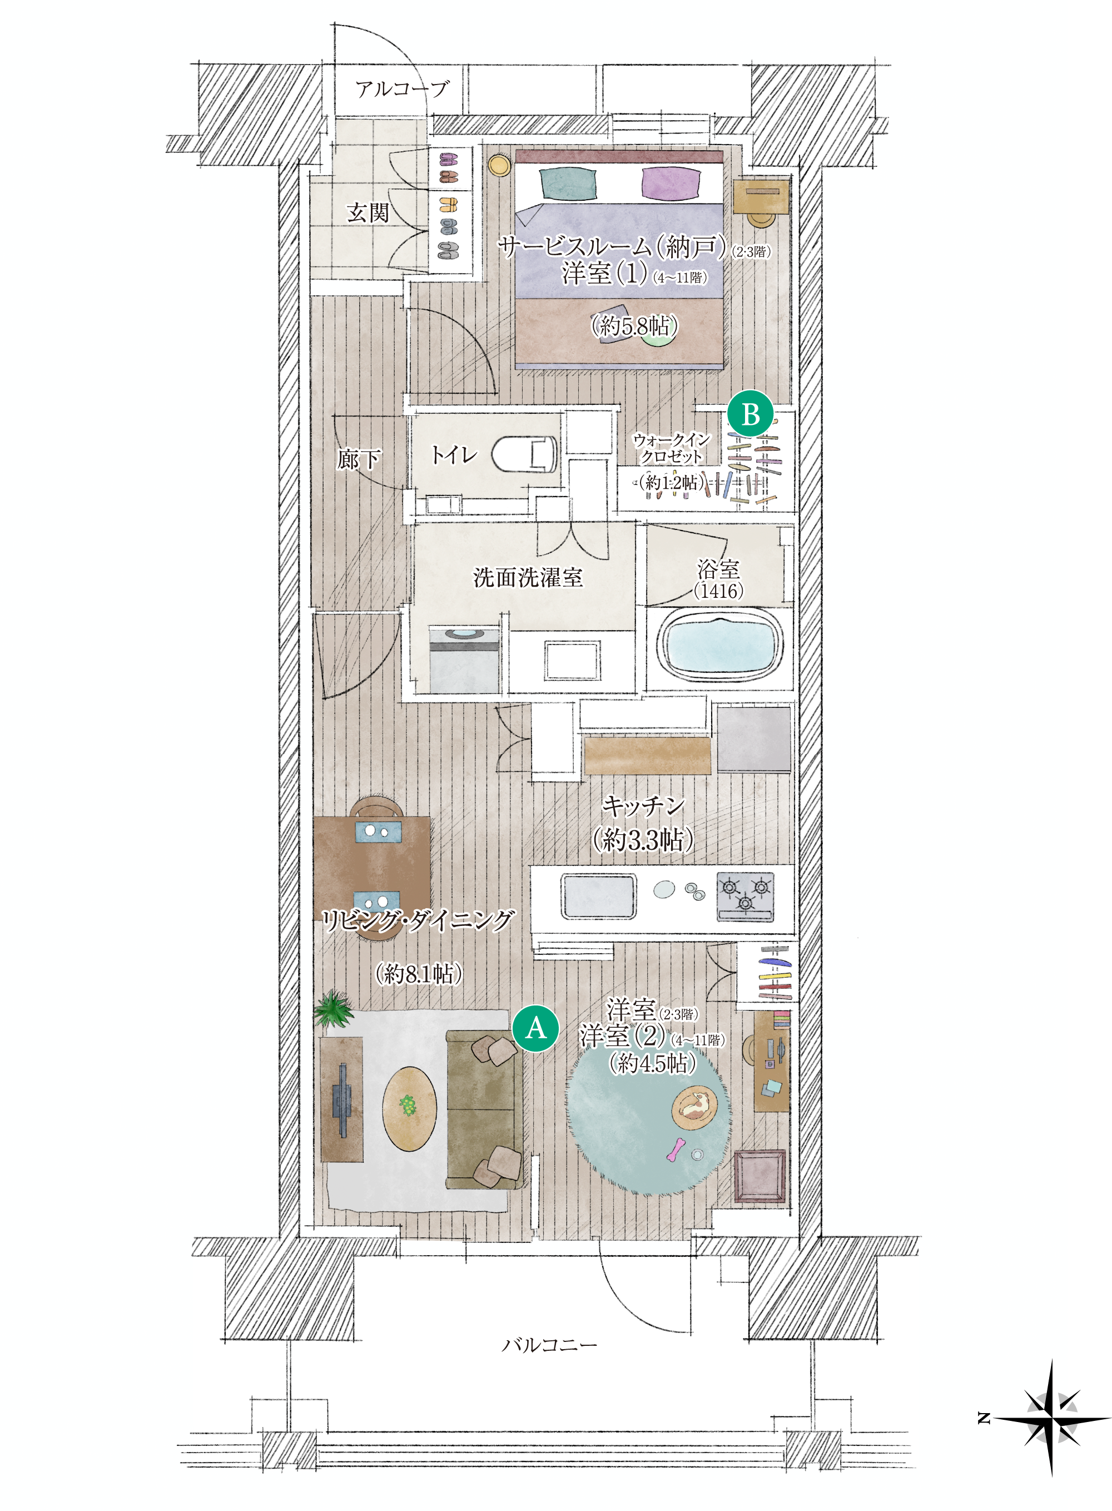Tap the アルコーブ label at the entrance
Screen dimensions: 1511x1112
pos(401,89)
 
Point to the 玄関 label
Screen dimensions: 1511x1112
pos(368,213)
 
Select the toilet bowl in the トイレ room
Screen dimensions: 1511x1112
pos(524,454)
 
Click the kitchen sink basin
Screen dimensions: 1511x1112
pos(598,895)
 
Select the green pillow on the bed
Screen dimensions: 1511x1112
pos(568,184)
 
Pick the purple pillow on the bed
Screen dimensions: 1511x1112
pos(671,184)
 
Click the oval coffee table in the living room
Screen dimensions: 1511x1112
pos(409,1108)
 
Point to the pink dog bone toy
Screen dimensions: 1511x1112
pos(675,1150)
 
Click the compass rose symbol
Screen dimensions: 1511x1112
pos(1050,1419)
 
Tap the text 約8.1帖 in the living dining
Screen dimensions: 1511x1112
pos(418,973)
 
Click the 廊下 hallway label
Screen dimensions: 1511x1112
pos(358,460)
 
